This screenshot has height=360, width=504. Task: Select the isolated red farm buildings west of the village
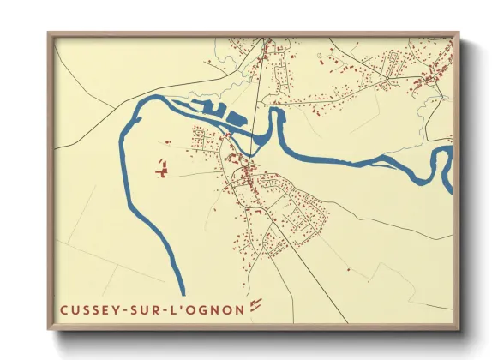click(x=160, y=168)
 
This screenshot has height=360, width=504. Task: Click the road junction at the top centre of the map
click(x=265, y=40)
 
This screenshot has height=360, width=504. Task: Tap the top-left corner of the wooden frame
click(x=49, y=34)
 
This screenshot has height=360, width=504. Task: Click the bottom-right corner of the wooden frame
click(x=458, y=328)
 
